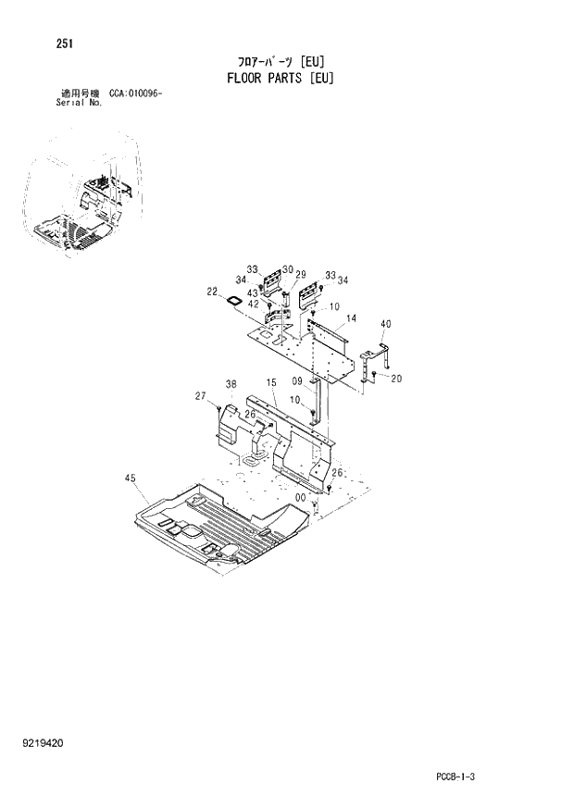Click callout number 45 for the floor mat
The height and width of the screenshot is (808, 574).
click(x=130, y=479)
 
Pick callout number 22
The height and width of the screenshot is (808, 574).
click(x=213, y=292)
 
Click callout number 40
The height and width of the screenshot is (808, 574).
click(x=385, y=324)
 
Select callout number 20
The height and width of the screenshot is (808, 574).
click(x=396, y=378)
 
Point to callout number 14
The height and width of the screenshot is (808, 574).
click(x=351, y=318)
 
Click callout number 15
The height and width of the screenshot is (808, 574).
click(x=271, y=382)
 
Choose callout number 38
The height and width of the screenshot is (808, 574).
click(x=231, y=384)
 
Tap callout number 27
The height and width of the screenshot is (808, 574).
click(x=200, y=396)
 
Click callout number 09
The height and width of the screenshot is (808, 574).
click(x=298, y=380)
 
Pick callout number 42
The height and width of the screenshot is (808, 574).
click(x=254, y=304)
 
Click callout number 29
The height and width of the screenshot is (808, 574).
click(x=300, y=275)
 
